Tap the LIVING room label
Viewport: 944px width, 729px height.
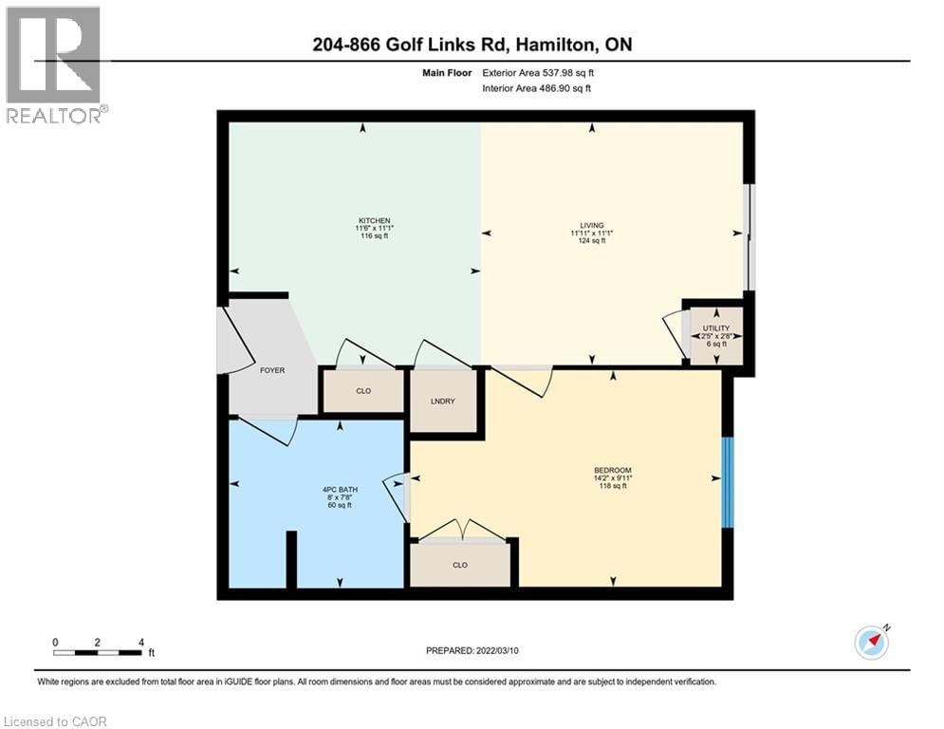pos(592,226)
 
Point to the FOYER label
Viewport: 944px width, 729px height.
pos(272,370)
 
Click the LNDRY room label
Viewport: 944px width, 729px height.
pos(442,402)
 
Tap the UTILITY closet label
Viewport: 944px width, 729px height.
pos(716,328)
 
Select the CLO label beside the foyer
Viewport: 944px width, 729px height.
pos(362,391)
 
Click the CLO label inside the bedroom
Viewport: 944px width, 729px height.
pos(460,565)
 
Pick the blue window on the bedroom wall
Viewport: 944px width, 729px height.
pos(728,482)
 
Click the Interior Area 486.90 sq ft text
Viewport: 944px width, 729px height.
pos(537,88)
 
